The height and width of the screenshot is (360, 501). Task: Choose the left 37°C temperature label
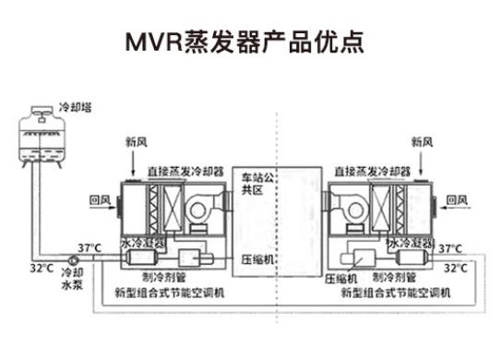89,248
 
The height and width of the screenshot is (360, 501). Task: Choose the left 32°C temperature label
41,268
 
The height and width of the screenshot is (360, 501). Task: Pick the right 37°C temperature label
449,248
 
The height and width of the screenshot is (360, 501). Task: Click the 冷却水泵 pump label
71,280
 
